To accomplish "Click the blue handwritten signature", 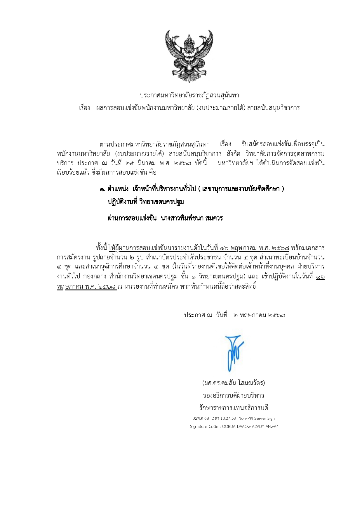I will (x=233, y=353).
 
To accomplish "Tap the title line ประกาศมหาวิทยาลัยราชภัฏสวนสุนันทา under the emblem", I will (x=189, y=95).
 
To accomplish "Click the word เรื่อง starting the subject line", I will (x=85, y=108).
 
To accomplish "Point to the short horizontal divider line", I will (x=189, y=124).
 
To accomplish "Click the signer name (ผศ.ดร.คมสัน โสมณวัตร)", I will (x=234, y=383).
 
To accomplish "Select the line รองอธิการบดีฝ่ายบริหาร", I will (x=234, y=395).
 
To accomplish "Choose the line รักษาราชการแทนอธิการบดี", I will (x=234, y=408).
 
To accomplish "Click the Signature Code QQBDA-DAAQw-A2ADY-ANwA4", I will (x=250, y=426).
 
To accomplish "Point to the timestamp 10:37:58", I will (x=229, y=418).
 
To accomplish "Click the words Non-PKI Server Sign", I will (x=256, y=418).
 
